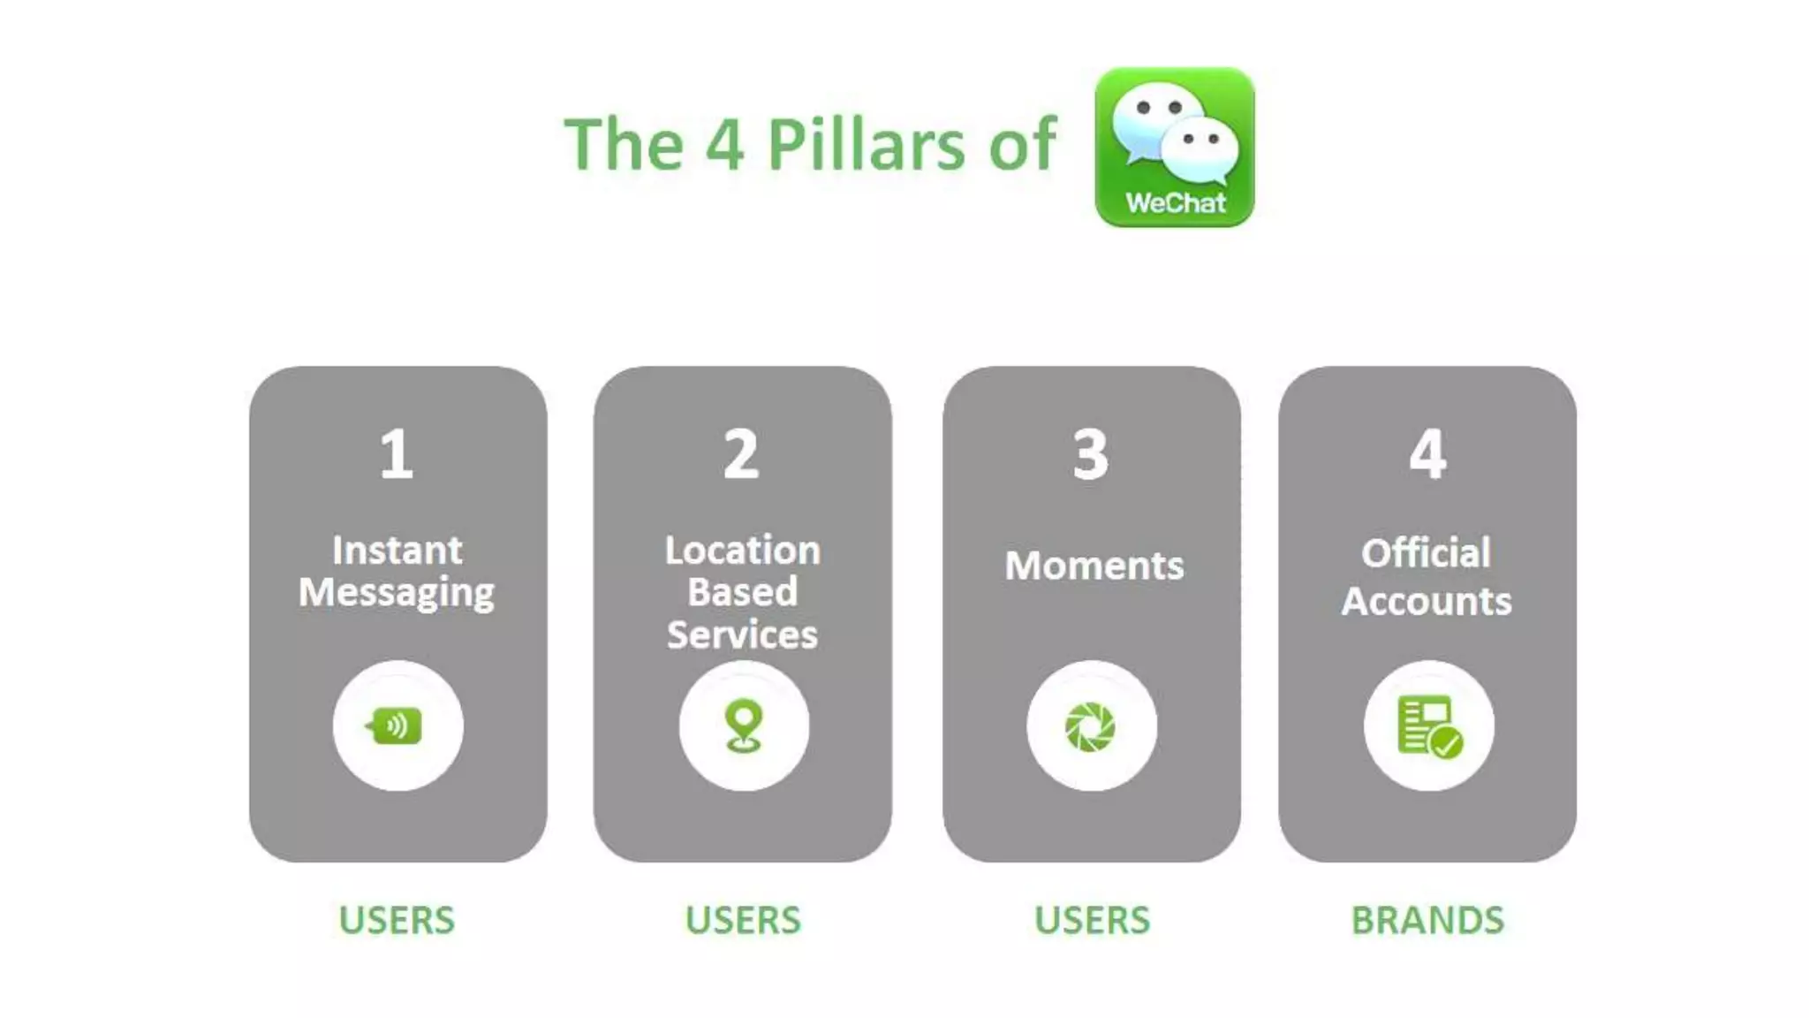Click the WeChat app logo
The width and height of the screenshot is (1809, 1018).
coord(1174,146)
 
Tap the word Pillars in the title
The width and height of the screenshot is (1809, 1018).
coord(866,144)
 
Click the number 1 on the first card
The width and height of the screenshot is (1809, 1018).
coord(397,454)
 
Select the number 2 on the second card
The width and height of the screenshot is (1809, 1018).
coord(741,454)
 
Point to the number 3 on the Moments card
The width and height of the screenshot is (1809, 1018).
coord(1091,454)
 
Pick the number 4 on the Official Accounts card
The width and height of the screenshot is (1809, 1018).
coord(1427,454)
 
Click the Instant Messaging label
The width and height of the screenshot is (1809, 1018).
coord(397,572)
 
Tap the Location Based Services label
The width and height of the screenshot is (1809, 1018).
coord(742,592)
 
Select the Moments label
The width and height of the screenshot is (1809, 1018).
coord(1094,566)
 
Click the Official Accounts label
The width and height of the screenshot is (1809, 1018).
coord(1427,577)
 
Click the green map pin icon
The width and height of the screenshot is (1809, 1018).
coord(744,726)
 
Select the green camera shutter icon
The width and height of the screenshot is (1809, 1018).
coord(1091,726)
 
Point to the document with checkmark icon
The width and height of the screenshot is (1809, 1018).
coord(1429,726)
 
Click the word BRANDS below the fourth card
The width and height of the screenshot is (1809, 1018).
coord(1427,920)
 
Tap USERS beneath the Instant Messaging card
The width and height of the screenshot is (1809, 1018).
coord(397,920)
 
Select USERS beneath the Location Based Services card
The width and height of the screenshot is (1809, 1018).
coord(743,920)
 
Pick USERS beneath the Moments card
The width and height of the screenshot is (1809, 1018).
coord(1092,920)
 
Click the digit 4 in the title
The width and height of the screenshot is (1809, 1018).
coord(724,144)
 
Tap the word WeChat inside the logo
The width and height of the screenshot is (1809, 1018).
coord(1176,203)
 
